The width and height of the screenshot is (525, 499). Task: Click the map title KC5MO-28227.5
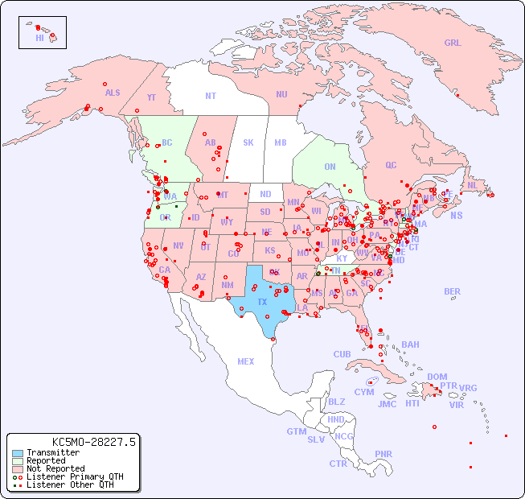point(93,441)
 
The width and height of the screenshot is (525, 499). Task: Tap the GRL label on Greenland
point(453,43)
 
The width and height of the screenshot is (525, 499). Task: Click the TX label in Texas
point(262,302)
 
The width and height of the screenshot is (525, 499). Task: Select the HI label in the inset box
point(39,38)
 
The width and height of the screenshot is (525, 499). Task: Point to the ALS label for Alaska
point(113,93)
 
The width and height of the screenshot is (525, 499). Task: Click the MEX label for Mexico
point(246,361)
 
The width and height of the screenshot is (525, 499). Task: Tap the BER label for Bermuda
point(452,291)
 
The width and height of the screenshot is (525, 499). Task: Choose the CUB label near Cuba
point(342,354)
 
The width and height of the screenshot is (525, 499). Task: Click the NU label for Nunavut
point(281,94)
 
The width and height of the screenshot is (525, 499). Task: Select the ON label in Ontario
point(330,167)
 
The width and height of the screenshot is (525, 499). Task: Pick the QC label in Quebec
point(391,165)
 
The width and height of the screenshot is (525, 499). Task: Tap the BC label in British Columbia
point(167,142)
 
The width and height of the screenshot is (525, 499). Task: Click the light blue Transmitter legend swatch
point(17,453)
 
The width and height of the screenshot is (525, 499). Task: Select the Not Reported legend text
point(55,468)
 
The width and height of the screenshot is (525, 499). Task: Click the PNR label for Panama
point(383,454)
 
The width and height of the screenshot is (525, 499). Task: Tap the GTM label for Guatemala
point(296,431)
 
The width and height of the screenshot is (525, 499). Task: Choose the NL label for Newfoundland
point(472,184)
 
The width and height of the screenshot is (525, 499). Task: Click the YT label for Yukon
point(151,97)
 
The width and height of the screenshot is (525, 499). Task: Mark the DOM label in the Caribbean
point(437,377)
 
